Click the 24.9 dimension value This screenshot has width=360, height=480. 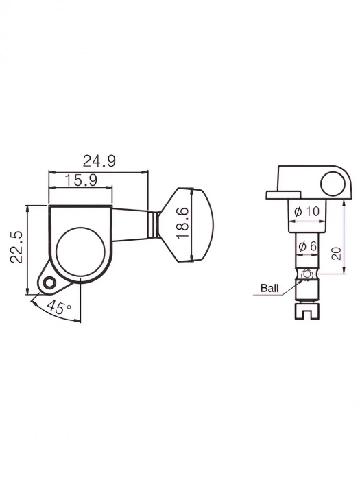click(99, 161)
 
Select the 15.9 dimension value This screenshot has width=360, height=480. click(80, 180)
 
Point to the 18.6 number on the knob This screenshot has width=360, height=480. click(182, 224)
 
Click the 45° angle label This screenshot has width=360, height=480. click(60, 309)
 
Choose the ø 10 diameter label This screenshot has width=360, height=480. click(306, 212)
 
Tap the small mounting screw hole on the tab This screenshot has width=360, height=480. click(48, 282)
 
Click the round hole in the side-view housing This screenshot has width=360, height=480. click(333, 183)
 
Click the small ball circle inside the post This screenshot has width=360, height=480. click(307, 276)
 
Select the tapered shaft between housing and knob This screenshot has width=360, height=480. click(130, 224)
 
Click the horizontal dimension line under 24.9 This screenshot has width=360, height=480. click(99, 171)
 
